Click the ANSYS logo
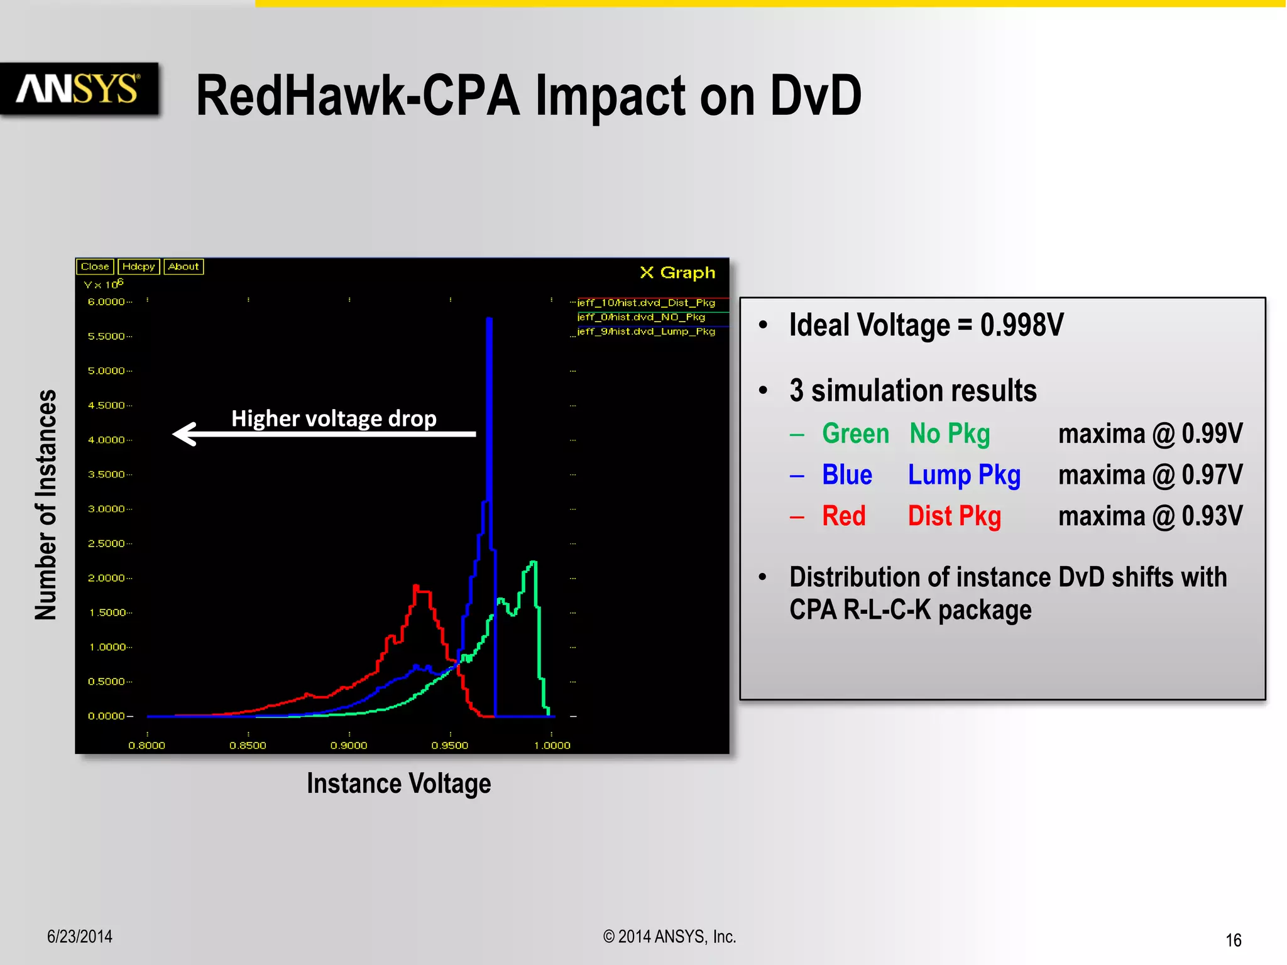pyautogui.click(x=78, y=89)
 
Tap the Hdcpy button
pyautogui.click(x=138, y=266)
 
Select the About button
pyautogui.click(x=183, y=266)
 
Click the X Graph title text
pyautogui.click(x=677, y=273)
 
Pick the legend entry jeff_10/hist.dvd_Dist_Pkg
pyautogui.click(x=646, y=303)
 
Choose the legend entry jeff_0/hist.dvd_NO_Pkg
pyautogui.click(x=641, y=317)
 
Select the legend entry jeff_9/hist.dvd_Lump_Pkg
pyautogui.click(x=646, y=332)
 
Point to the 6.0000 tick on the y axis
pyautogui.click(x=107, y=302)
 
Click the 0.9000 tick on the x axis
pyautogui.click(x=349, y=745)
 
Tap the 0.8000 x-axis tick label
pyautogui.click(x=146, y=745)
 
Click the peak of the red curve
pyautogui.click(x=416, y=587)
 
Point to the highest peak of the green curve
pyautogui.click(x=534, y=562)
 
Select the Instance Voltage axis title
pyautogui.click(x=398, y=783)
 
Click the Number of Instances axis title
pyautogui.click(x=46, y=504)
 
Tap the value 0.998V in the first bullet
pyautogui.click(x=1022, y=325)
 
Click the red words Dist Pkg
pyautogui.click(x=954, y=516)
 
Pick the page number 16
pyautogui.click(x=1233, y=940)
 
